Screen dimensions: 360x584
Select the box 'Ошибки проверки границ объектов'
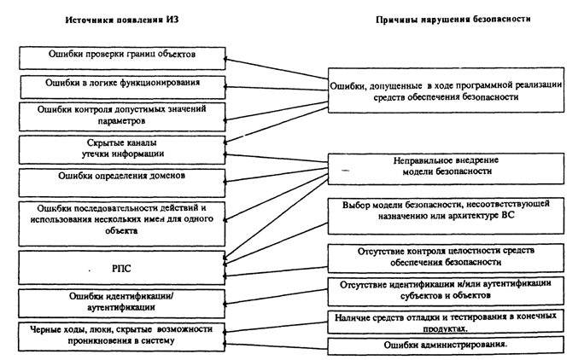point(121,55)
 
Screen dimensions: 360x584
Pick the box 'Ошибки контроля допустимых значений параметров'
point(121,114)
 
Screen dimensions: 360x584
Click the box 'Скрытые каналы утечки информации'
point(121,148)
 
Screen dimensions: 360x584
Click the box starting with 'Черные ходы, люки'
point(121,335)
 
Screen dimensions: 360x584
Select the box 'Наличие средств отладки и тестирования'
point(447,321)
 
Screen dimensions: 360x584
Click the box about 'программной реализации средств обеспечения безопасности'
point(447,91)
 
